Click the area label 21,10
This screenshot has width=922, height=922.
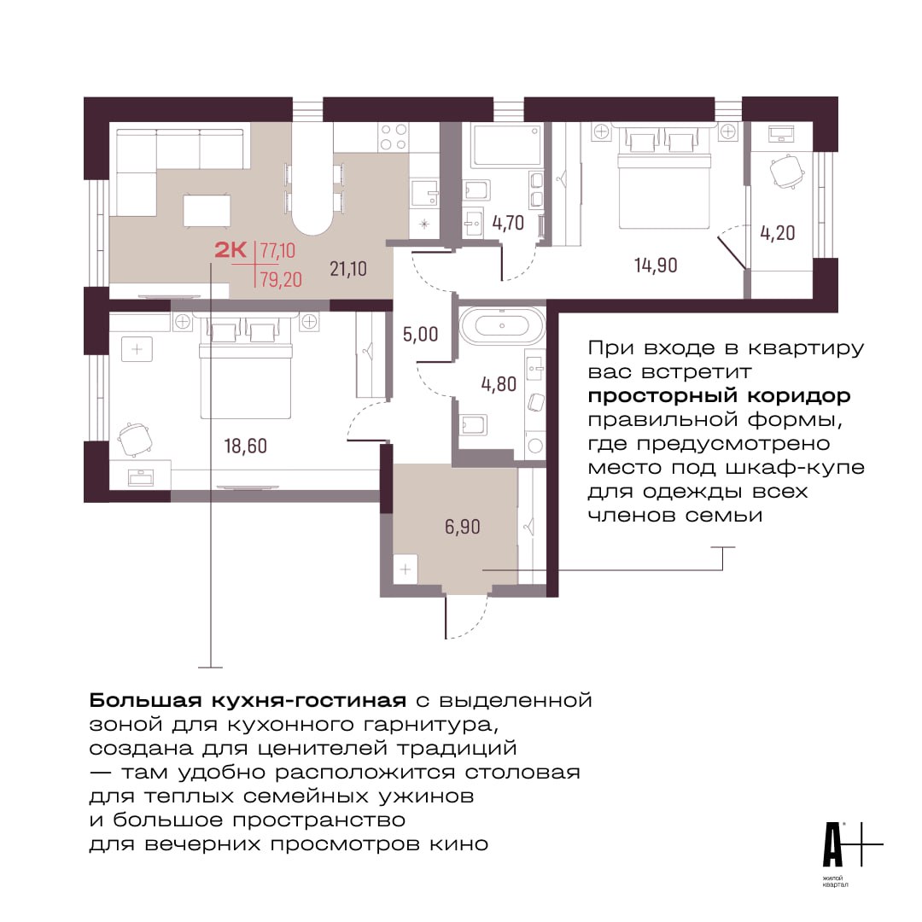coord(348,269)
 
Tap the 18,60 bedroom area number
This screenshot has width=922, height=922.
coord(245,446)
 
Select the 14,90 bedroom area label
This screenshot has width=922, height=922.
coord(656,266)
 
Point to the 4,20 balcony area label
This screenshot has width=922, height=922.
coord(778,233)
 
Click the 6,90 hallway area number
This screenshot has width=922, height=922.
coord(462,527)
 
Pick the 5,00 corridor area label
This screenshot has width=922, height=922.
coord(420,335)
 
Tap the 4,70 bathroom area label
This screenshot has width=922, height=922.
coord(508,224)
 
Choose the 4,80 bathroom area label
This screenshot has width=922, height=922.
coord(499,384)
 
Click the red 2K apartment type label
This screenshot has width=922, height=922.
coord(230,250)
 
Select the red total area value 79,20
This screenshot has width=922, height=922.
coord(281,279)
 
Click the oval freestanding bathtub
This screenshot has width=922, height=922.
coord(502,325)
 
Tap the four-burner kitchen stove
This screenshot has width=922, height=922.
coord(394,137)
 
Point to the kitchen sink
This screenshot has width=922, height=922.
coord(424,192)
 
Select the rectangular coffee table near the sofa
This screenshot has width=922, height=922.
coord(207,211)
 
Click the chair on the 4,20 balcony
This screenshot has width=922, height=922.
coord(786,171)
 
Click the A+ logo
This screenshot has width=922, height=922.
coord(851,844)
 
